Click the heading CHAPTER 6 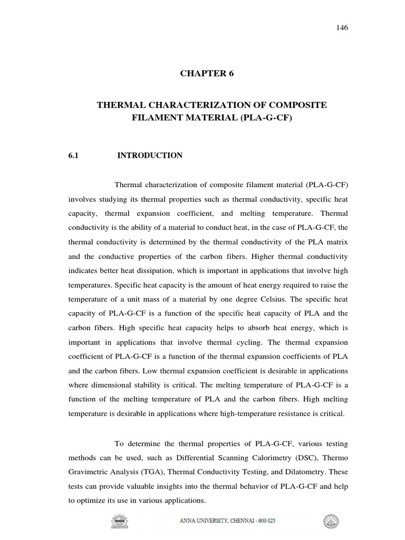207,74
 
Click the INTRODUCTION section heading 150,156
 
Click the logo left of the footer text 121,522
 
